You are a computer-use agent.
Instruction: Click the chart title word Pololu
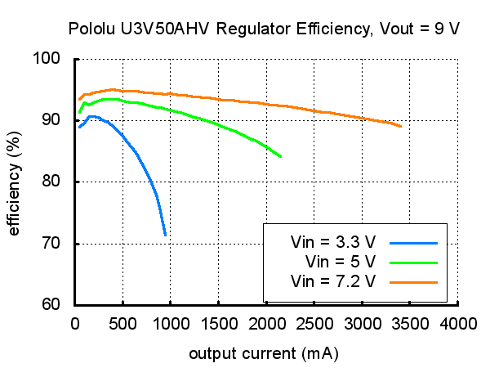coord(91,29)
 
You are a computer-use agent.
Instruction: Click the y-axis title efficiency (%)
coord(14,182)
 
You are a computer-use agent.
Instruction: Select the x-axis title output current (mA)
coord(264,354)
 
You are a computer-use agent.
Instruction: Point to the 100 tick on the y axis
coord(56,59)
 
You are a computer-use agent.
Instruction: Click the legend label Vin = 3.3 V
coord(333,242)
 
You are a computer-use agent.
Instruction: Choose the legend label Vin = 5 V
coord(340,262)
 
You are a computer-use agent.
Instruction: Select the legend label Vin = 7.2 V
coord(333,281)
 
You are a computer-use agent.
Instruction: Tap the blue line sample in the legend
coord(414,242)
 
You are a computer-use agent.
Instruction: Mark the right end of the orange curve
coord(401,126)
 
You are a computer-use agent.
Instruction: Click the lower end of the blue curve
coord(166,235)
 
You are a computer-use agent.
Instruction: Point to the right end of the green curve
coord(281,156)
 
